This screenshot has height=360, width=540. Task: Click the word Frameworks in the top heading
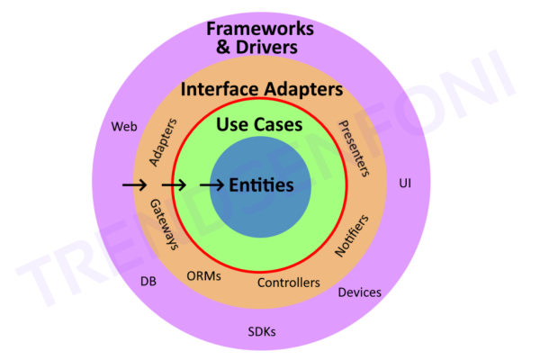coord(260,29)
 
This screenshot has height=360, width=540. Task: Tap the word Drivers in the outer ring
coord(266,47)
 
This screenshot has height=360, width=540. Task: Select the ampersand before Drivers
coord(223,47)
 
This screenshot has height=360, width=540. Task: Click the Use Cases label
coord(259,124)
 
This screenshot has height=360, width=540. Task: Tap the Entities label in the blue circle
coord(261,185)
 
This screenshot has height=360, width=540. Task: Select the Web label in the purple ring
coord(124,127)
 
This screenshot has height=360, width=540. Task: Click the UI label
coord(405,184)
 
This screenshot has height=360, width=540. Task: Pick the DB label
coord(148,282)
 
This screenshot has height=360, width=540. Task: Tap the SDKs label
coord(262,332)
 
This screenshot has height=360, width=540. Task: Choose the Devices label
coord(359,292)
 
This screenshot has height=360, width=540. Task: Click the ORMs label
coord(204,276)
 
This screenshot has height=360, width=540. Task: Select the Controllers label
coord(289,283)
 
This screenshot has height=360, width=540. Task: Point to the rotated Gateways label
coord(165,224)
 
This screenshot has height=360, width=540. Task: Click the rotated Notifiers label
coord(352,236)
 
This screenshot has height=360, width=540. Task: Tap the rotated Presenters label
coord(354,148)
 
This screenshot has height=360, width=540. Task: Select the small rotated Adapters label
coord(163,142)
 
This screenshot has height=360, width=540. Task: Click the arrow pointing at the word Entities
coord(211,185)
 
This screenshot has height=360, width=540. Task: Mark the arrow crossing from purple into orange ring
coord(135,185)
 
